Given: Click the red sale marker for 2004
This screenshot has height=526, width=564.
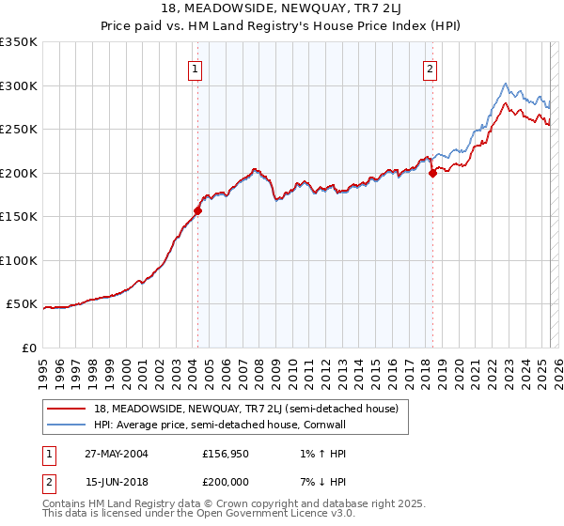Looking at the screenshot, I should tap(198, 210).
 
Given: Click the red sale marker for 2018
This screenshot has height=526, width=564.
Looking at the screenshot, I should tap(432, 173).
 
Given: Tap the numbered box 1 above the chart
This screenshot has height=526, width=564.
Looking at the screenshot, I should tap(195, 68).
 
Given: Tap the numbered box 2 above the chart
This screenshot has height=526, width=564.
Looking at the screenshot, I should tap(430, 68).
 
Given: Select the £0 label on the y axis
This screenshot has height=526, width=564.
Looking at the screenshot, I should tap(29, 348).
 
